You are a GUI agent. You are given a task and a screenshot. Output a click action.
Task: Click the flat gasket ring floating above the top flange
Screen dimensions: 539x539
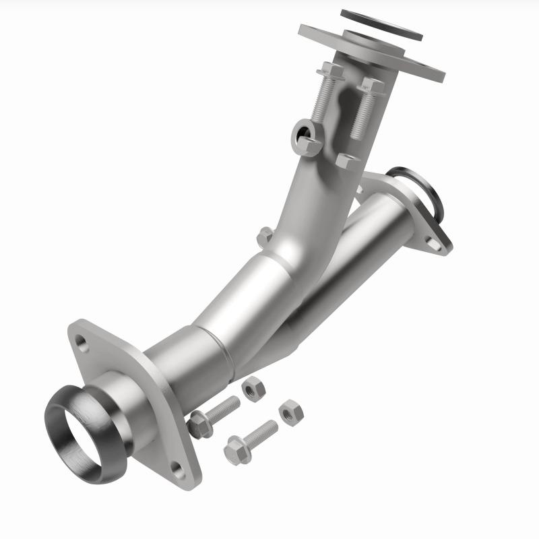[381, 25]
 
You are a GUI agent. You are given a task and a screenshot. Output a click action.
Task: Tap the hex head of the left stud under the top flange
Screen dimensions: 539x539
[330, 70]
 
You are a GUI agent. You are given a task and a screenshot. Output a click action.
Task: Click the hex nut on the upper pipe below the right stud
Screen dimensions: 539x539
[347, 161]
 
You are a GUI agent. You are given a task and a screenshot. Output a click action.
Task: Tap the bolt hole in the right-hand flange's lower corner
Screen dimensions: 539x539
[435, 244]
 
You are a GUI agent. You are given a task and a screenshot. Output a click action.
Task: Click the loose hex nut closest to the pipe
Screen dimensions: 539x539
[253, 389]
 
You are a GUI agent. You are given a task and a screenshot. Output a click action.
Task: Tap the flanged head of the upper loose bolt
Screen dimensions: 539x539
[199, 424]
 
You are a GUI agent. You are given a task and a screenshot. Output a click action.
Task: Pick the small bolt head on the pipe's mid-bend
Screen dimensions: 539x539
[265, 236]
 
